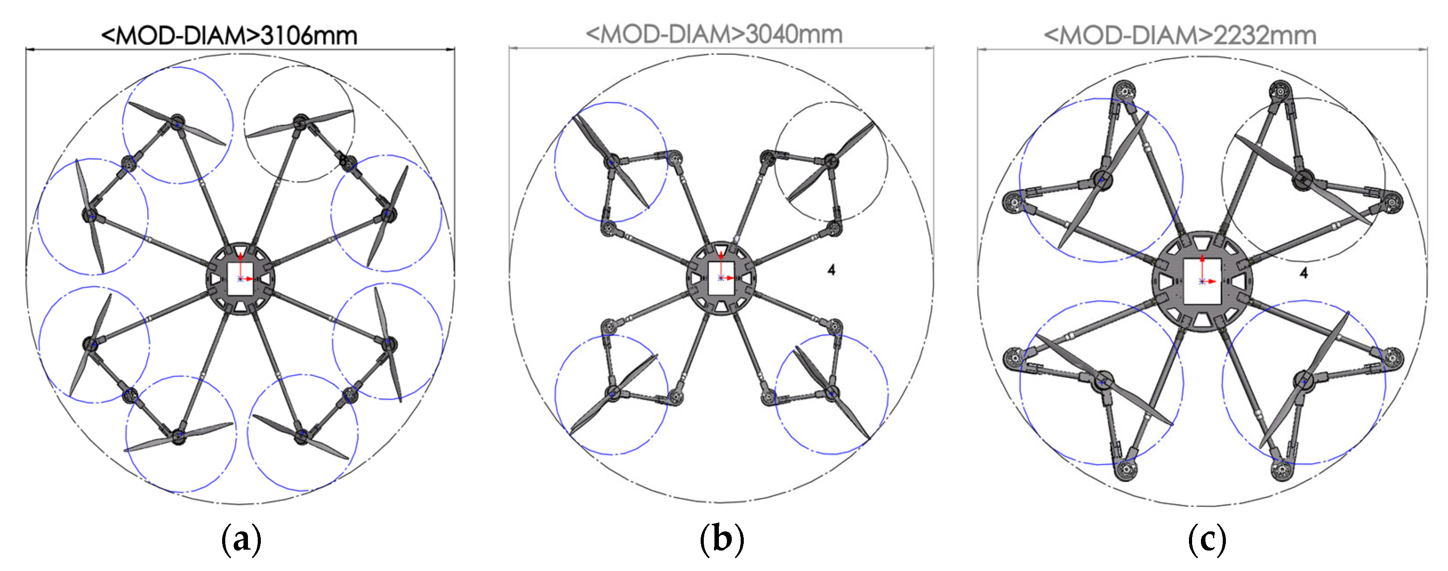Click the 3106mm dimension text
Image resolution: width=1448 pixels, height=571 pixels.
(x=309, y=36)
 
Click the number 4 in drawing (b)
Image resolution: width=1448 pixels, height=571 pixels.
(x=831, y=270)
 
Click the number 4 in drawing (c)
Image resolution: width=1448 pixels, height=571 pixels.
(x=1304, y=273)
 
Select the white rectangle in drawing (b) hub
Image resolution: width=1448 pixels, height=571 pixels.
(x=721, y=277)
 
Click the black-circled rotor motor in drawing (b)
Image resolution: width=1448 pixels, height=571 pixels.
(x=831, y=162)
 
